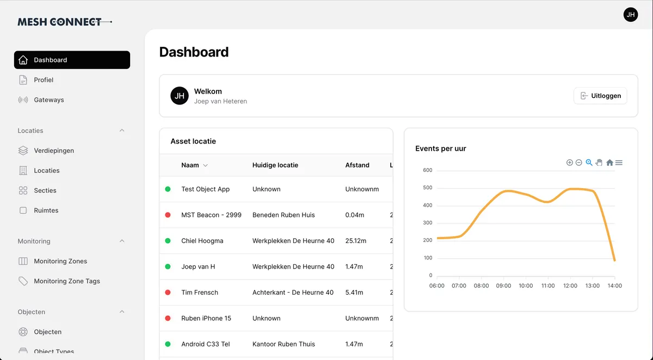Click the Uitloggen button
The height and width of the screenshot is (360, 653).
click(600, 96)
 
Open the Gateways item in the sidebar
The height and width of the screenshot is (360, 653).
click(48, 100)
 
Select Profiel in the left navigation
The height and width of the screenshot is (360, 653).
click(44, 80)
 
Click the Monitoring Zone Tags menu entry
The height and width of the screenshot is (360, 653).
click(66, 281)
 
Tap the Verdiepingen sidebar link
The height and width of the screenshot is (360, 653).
click(53, 151)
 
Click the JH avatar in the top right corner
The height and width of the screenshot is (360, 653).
click(630, 15)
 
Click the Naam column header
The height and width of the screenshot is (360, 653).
click(190, 165)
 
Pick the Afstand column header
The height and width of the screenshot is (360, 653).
click(357, 165)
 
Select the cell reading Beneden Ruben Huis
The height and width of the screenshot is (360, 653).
click(284, 215)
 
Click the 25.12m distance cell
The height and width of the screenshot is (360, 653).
click(356, 241)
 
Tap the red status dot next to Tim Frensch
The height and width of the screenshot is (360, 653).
click(168, 293)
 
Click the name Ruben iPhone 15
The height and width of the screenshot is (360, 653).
click(206, 318)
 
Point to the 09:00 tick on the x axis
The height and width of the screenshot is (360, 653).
click(503, 285)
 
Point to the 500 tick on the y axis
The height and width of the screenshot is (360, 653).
click(427, 188)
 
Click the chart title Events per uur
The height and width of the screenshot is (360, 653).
click(440, 148)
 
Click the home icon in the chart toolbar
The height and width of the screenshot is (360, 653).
click(609, 163)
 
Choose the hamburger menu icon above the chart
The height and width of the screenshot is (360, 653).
click(619, 163)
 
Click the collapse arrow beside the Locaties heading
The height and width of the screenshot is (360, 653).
click(122, 131)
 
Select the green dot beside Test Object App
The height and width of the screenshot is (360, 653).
click(168, 189)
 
